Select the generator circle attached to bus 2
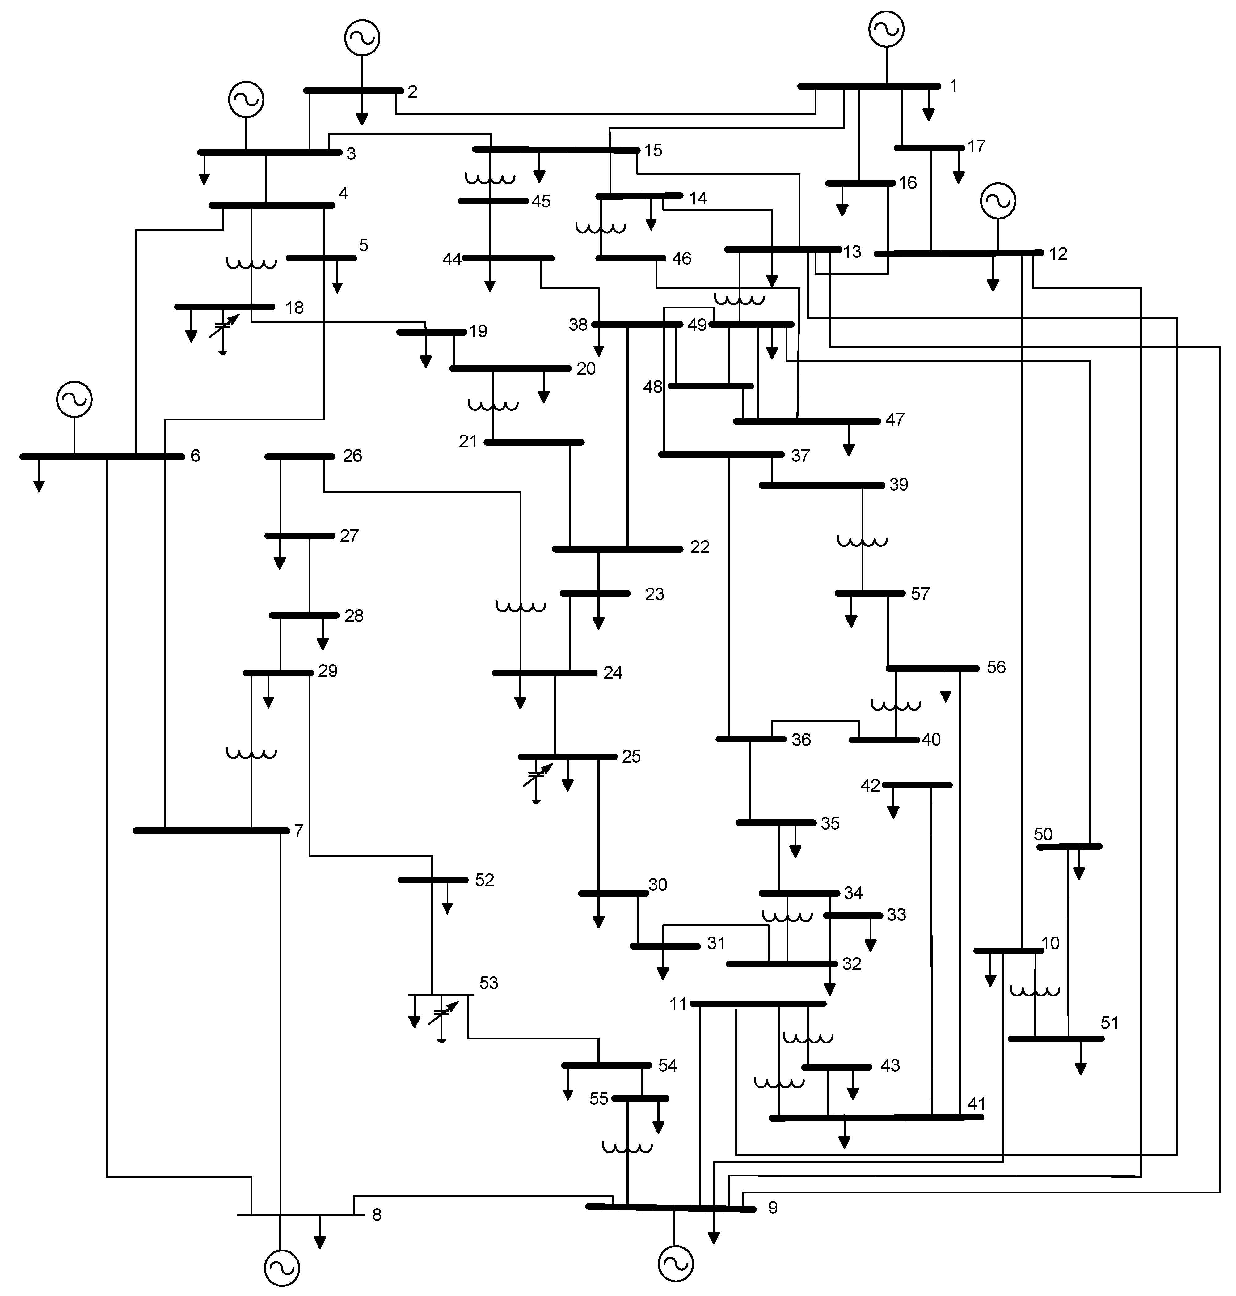(362, 38)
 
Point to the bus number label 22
(700, 547)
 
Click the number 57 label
(920, 594)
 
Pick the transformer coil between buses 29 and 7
(251, 753)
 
